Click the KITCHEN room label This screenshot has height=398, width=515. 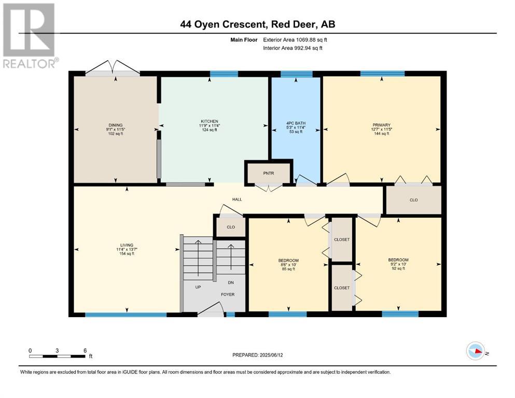coord(210,121)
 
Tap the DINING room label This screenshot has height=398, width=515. coord(116,125)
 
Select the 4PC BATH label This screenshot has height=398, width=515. coord(296,123)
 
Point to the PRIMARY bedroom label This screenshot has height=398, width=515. coord(382,125)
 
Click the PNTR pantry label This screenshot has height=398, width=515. coord(269,173)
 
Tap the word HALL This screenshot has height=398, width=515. coord(237,199)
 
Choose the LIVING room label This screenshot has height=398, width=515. coord(127,245)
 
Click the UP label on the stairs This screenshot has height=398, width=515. coord(198,287)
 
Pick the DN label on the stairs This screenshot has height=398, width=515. coord(231,282)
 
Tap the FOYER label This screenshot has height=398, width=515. coord(228,295)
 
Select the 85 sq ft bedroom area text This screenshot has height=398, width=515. coord(288,269)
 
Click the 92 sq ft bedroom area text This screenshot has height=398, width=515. coord(398,268)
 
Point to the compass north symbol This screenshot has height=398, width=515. coord(476,351)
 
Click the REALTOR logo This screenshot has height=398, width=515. coord(30,35)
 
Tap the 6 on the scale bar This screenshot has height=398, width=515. coord(85,350)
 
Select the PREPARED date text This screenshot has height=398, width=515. coord(257,355)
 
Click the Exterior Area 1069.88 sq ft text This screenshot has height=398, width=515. coord(295,40)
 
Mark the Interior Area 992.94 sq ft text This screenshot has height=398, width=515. coord(293,48)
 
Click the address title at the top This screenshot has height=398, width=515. coord(258,24)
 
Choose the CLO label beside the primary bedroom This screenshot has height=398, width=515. coord(413,200)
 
